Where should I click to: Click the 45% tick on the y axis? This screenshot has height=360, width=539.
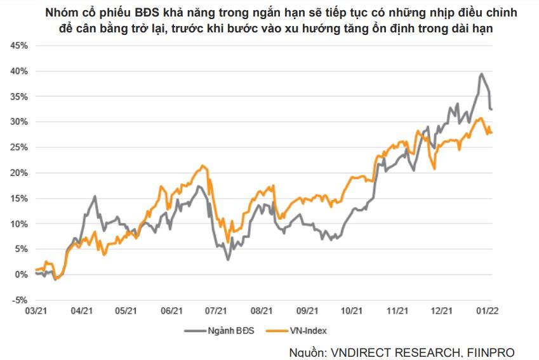[x=19, y=46]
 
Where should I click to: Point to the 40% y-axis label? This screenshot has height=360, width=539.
[x=19, y=71]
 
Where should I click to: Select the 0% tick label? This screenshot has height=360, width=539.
[x=22, y=274]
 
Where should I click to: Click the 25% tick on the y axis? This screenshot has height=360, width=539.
[x=19, y=147]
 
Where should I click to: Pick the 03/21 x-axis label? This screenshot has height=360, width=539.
[x=36, y=311]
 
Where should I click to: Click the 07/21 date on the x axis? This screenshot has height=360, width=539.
[x=216, y=311]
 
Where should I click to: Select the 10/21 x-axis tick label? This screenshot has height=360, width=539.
[x=351, y=311]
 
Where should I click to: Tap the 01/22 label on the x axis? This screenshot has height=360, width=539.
[x=487, y=311]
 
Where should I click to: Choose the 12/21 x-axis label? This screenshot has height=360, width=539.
[x=442, y=311]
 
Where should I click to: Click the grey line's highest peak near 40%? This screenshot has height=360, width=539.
[x=482, y=74]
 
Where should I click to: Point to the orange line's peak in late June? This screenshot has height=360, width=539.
[x=203, y=166]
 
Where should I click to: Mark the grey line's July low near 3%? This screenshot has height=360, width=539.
[x=228, y=259]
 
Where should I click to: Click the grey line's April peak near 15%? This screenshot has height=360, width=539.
[x=95, y=197]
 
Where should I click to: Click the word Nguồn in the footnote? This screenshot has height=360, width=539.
[x=306, y=352]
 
